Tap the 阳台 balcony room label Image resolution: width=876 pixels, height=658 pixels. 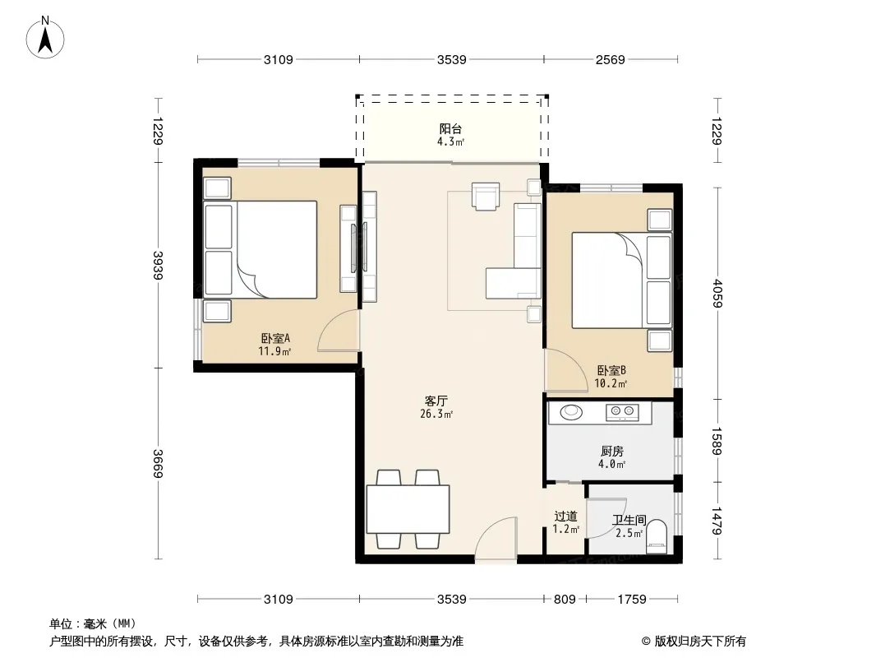pyautogui.click(x=450, y=129)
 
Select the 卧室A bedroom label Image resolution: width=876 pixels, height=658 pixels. pyautogui.click(x=275, y=338)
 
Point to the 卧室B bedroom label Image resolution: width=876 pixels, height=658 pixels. pyautogui.click(x=611, y=370)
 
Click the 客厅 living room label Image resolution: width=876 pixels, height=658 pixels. pyautogui.click(x=436, y=401)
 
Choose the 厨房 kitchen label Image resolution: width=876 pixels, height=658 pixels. pyautogui.click(x=611, y=452)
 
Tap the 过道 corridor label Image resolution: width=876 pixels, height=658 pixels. pyautogui.click(x=565, y=516)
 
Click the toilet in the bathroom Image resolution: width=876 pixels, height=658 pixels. pyautogui.click(x=657, y=537)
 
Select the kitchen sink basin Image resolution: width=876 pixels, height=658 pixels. pyautogui.click(x=571, y=412)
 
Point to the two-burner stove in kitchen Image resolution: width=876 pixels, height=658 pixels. pyautogui.click(x=622, y=413)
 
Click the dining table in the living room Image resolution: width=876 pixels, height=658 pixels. pyautogui.click(x=408, y=509)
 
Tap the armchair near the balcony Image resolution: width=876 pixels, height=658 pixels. pyautogui.click(x=486, y=196)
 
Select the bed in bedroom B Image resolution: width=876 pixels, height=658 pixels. pyautogui.click(x=621, y=280)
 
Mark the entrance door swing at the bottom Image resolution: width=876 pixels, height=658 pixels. pyautogui.click(x=496, y=538)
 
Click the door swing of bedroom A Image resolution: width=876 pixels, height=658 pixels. pyautogui.click(x=339, y=331)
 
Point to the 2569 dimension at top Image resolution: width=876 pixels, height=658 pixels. pyautogui.click(x=610, y=59)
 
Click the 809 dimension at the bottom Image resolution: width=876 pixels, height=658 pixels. pyautogui.click(x=565, y=600)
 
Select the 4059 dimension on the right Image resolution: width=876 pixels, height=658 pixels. pyautogui.click(x=718, y=293)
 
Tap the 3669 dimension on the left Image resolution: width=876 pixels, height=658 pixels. pyautogui.click(x=158, y=463)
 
